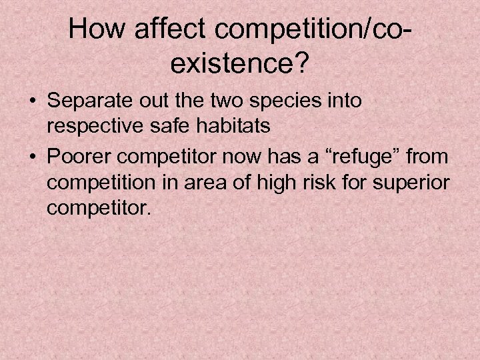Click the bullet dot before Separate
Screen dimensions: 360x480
33,102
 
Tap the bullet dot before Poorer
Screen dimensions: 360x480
33,158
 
